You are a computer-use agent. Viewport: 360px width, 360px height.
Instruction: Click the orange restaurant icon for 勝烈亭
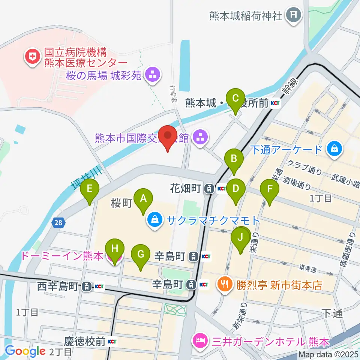coord(225,285)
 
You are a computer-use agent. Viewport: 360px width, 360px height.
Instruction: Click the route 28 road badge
coord(58,223)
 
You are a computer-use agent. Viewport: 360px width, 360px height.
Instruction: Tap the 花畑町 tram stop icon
coord(208,188)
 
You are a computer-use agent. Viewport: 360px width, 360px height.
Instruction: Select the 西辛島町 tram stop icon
coord(87,287)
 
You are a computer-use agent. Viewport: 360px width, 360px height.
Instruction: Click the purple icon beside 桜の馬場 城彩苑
coord(153,75)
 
